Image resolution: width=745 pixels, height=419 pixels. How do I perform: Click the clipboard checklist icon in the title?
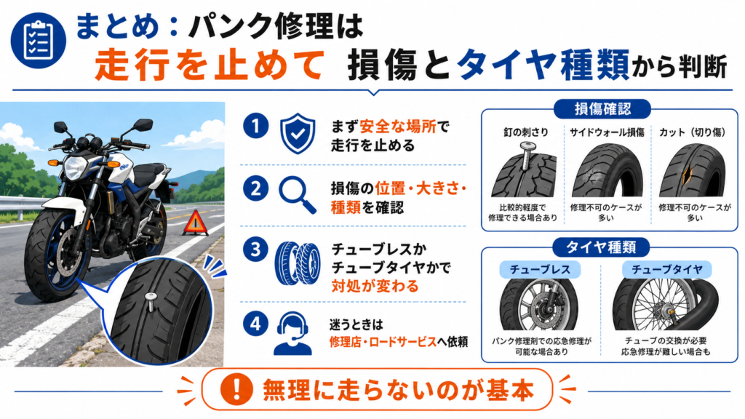tap(39, 41)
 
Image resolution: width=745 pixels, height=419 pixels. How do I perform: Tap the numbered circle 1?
tap(255, 127)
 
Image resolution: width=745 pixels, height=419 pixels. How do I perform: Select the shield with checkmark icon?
tap(298, 134)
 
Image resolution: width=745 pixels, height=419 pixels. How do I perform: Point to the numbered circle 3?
tap(255, 250)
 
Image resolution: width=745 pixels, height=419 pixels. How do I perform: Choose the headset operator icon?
tap(292, 333)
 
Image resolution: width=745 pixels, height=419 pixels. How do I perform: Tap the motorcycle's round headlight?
tap(75, 168)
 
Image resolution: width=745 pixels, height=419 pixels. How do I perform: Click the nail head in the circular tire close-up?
tap(150, 297)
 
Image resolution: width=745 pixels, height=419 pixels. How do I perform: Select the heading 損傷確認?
tap(602, 109)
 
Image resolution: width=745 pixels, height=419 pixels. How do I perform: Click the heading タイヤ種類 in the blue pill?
tap(601, 247)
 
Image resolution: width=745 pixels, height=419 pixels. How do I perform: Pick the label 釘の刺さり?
tap(526, 132)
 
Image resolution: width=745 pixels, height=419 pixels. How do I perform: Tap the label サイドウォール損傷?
tap(607, 132)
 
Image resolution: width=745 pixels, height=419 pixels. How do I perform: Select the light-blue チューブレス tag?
tap(540, 269)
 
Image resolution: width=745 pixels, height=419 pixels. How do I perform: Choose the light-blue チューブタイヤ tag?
tap(666, 269)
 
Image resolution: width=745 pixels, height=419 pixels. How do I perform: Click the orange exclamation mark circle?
tap(236, 390)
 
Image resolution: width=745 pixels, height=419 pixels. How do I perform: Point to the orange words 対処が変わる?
tap(375, 287)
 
